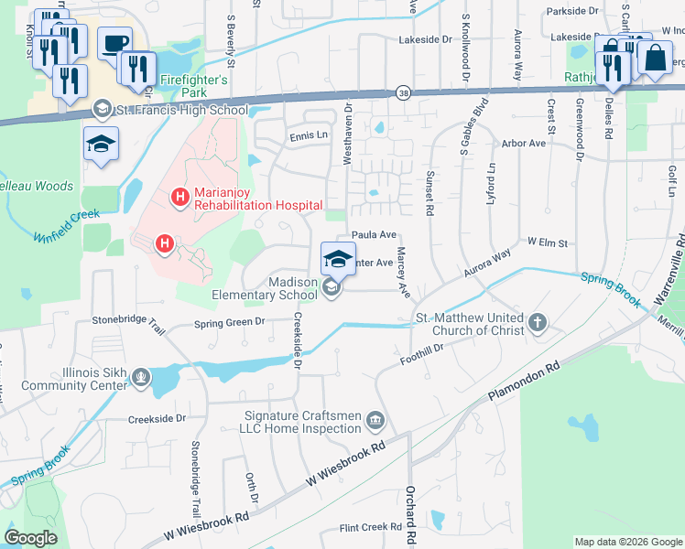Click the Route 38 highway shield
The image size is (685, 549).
(x=403, y=92)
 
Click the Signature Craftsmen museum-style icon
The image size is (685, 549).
(x=375, y=422)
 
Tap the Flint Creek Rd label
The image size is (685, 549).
(x=371, y=527)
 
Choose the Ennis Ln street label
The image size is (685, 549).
(x=309, y=135)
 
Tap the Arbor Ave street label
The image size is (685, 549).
(x=525, y=144)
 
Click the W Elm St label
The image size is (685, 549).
(x=549, y=243)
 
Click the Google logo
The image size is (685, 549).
(x=31, y=538)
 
